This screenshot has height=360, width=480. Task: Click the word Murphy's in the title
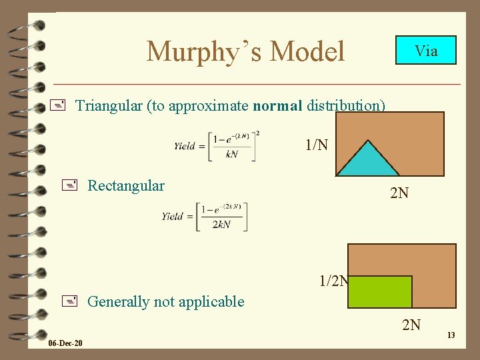(x=194, y=51)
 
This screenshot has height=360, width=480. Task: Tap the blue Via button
(x=426, y=50)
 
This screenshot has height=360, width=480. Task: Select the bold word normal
(x=277, y=105)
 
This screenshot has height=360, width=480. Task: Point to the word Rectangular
(x=126, y=185)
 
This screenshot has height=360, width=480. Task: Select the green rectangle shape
(x=380, y=291)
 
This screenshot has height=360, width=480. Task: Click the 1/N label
(x=317, y=144)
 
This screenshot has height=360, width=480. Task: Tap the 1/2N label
(x=333, y=281)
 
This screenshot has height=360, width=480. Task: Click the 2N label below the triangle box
(x=399, y=194)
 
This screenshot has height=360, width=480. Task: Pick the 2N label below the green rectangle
(x=411, y=325)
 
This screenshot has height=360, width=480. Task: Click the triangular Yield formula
(x=217, y=145)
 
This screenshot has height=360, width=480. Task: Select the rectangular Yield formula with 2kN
(x=205, y=216)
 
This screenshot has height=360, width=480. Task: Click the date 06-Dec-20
(x=65, y=343)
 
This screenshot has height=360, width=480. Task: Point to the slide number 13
(x=451, y=335)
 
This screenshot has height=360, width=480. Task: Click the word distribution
(x=346, y=105)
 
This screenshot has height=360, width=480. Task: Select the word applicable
(x=213, y=301)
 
